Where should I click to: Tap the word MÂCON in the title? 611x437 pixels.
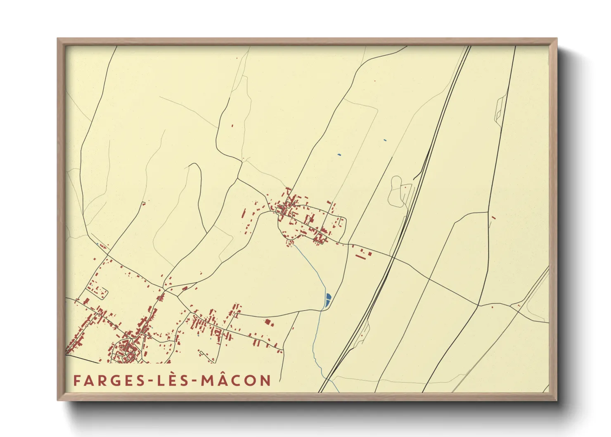[236, 380]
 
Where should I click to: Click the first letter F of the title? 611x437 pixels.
[76, 380]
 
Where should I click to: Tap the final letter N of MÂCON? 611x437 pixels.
[265, 380]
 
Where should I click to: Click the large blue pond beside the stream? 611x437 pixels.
[328, 299]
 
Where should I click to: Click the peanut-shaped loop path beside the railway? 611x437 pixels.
[395, 191]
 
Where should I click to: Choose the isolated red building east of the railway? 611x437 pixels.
[493, 217]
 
